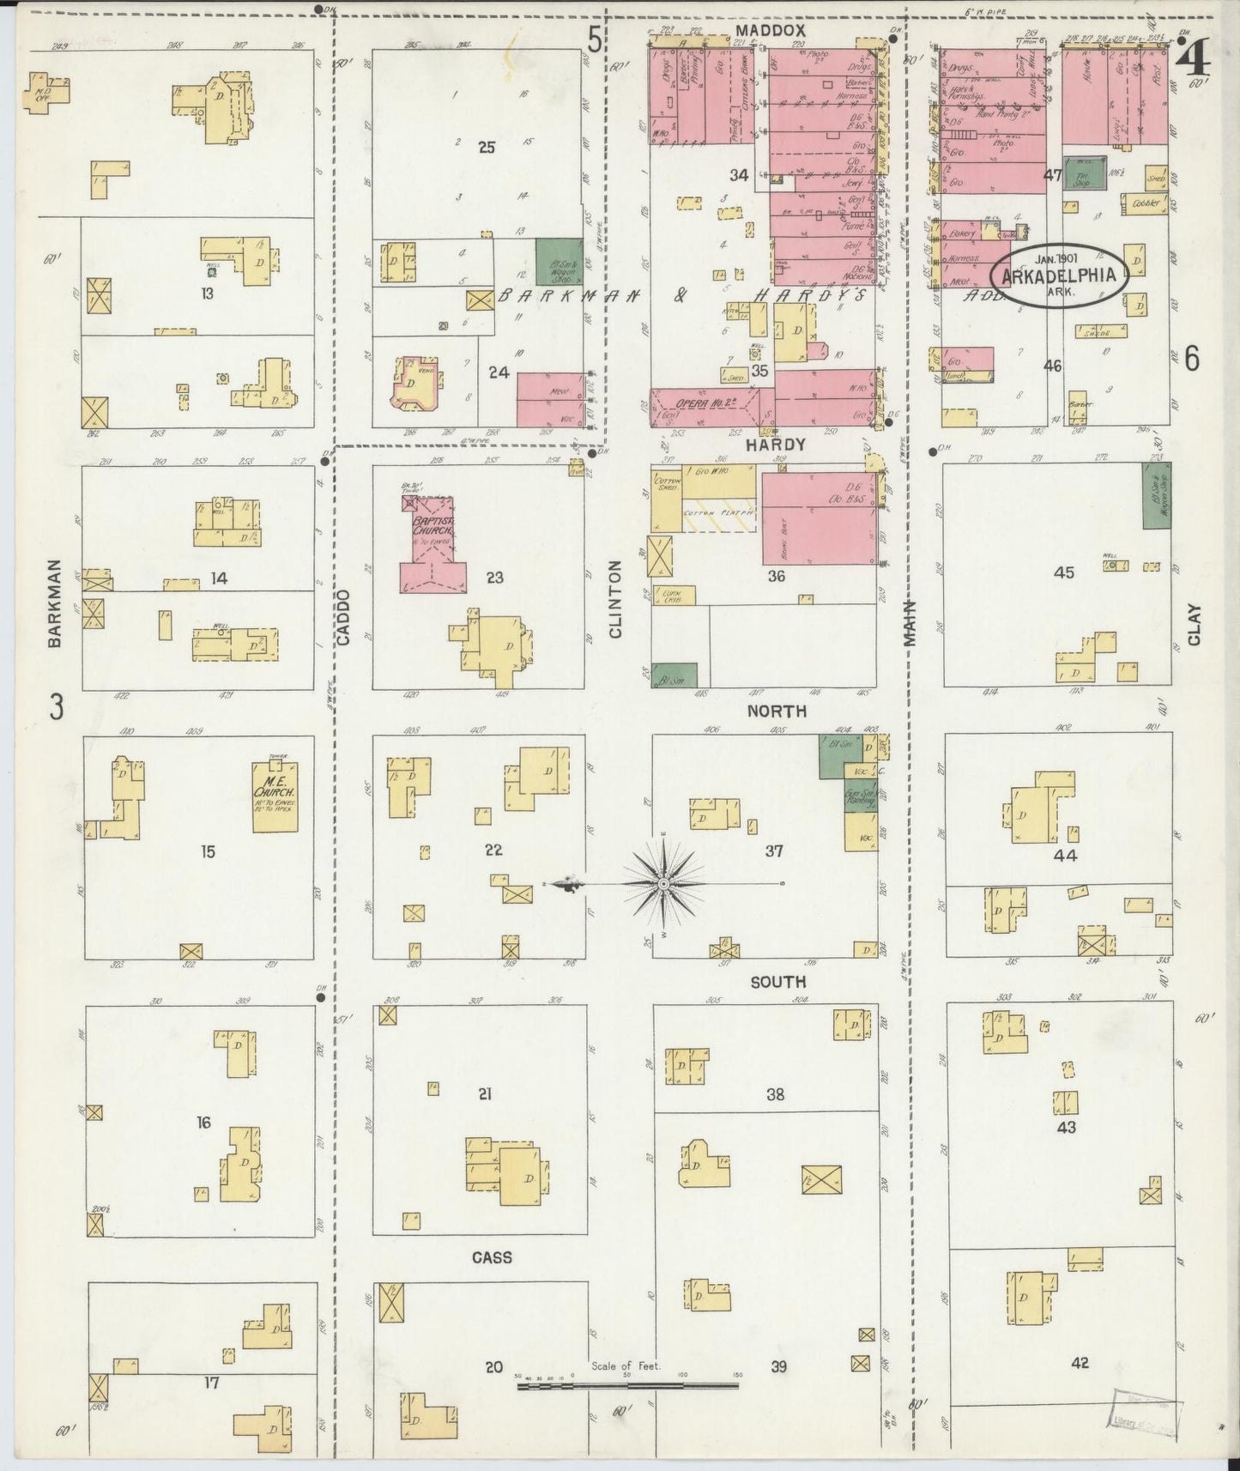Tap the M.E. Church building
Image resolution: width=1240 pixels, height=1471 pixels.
click(275, 798)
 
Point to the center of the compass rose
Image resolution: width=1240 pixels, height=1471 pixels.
click(664, 883)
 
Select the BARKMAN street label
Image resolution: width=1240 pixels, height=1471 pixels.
click(55, 602)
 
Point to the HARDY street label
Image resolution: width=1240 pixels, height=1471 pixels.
click(775, 445)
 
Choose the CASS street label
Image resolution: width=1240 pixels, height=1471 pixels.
click(492, 1257)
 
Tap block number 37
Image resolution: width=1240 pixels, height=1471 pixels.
click(774, 851)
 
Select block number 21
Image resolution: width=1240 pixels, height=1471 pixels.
click(485, 1094)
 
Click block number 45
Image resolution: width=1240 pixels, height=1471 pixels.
click(1063, 572)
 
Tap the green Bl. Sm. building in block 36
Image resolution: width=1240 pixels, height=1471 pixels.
click(674, 675)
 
